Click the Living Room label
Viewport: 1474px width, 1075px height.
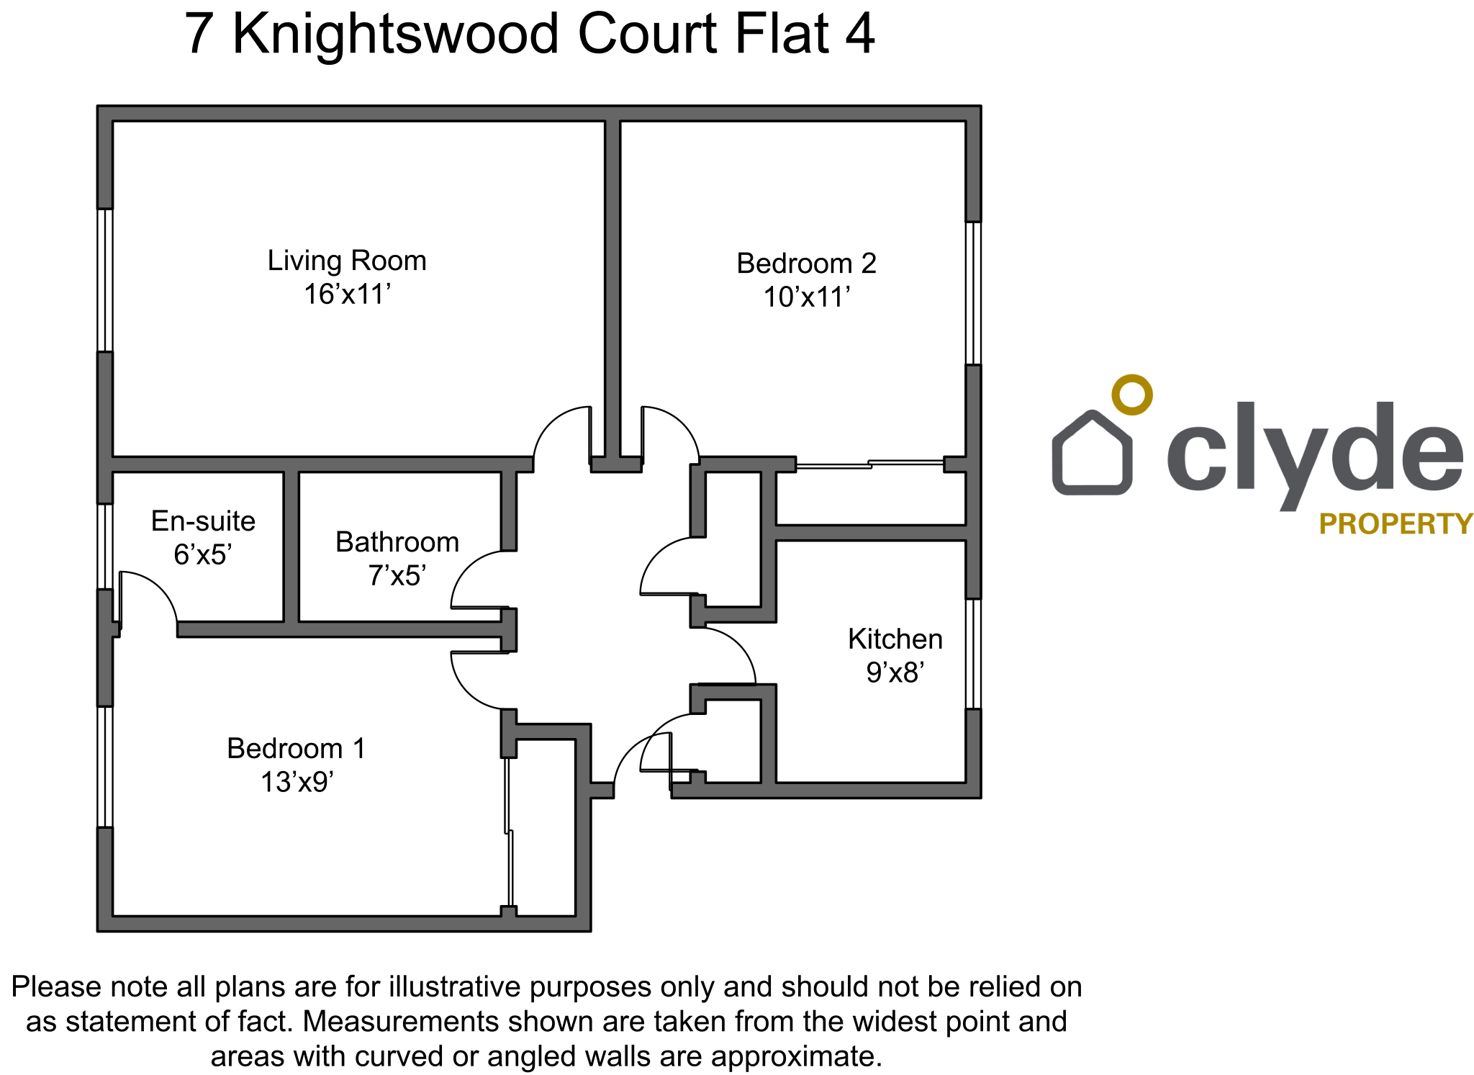point(347,261)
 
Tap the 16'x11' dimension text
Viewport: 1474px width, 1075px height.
point(347,294)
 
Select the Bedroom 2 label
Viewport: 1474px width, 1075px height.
point(806,264)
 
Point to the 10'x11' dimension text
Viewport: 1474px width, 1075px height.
point(806,297)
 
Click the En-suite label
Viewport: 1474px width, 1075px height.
point(203,521)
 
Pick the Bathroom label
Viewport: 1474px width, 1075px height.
point(397,542)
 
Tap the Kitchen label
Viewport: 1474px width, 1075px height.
point(895,639)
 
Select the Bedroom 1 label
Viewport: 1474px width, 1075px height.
point(296,749)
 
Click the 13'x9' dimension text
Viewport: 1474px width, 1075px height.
point(297,782)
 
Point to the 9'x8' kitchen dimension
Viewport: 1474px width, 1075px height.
point(895,673)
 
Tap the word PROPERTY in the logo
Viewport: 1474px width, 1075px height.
point(1396,524)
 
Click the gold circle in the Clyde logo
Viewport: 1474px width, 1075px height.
point(1131,395)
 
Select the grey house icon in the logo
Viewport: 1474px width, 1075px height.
point(1092,454)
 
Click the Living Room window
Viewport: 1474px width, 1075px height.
point(105,280)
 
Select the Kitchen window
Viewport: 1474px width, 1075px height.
point(973,654)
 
